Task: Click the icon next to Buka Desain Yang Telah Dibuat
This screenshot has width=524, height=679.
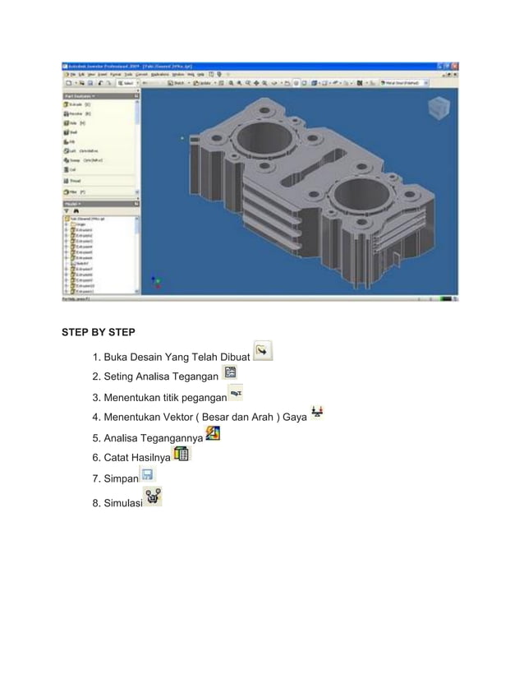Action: pos(263,351)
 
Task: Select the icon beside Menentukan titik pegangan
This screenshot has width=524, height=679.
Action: pos(235,394)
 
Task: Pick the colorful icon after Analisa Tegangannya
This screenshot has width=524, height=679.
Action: pos(212,433)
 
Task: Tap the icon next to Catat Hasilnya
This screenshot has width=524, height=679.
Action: pos(182,454)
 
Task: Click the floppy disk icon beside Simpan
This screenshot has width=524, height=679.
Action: pos(147,475)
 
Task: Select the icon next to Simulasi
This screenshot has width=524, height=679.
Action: pos(153,497)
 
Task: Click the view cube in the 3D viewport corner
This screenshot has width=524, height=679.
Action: pos(440,107)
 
